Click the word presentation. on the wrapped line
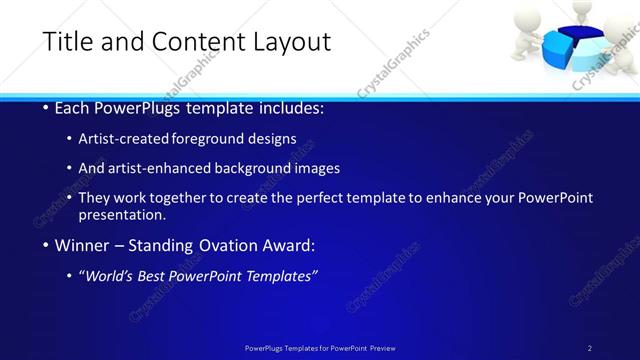coord(123,215)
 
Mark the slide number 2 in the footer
coord(590,347)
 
